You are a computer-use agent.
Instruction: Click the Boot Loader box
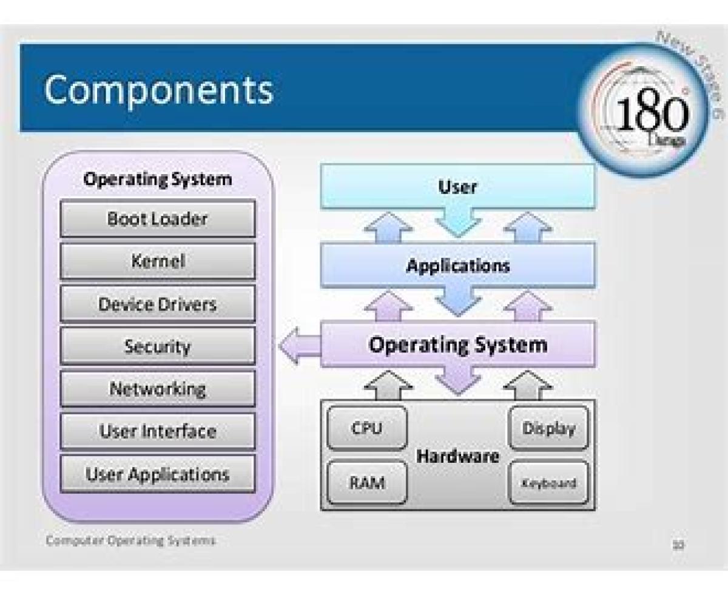click(157, 219)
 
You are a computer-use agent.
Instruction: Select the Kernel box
click(157, 261)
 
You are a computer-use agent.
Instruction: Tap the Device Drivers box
click(157, 304)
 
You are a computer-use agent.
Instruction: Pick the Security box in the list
click(157, 346)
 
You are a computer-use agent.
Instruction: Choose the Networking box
click(157, 389)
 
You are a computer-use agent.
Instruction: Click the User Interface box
click(157, 431)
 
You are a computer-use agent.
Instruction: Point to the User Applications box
click(157, 474)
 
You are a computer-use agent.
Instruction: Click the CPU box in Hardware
click(366, 429)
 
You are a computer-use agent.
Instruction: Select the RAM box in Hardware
click(366, 483)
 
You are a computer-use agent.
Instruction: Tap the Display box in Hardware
click(548, 429)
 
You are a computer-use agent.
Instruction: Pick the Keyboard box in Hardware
click(548, 483)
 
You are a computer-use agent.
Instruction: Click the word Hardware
click(457, 456)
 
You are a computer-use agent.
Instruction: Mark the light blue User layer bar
click(457, 187)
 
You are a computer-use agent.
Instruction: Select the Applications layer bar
click(457, 265)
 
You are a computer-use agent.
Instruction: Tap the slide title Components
click(158, 90)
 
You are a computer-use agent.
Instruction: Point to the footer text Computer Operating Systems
click(130, 540)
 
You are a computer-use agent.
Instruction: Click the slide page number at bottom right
click(678, 545)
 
